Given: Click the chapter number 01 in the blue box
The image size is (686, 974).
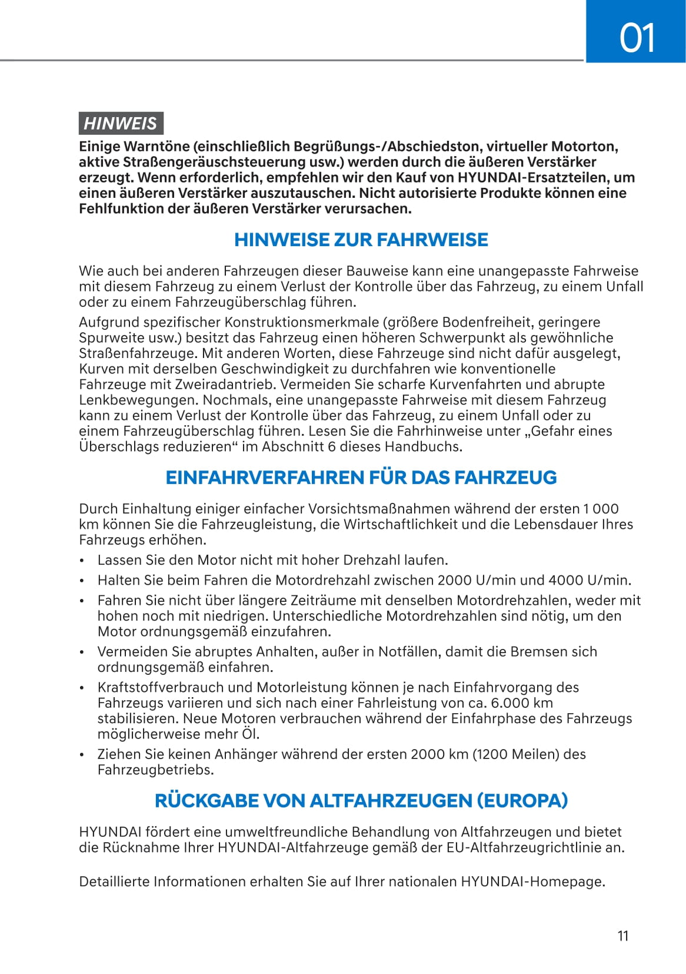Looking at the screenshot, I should click(x=637, y=38).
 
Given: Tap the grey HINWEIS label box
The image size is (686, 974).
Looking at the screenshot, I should click(x=121, y=123).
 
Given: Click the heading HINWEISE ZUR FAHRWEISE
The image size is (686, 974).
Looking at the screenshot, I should click(x=361, y=240).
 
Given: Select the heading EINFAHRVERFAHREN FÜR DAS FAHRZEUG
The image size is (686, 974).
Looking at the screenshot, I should click(x=361, y=477).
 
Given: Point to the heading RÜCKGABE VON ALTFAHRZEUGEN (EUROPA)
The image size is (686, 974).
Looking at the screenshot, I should click(x=361, y=800).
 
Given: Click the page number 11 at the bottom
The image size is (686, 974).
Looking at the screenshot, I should click(x=623, y=936).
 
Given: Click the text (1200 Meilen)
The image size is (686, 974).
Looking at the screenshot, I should click(x=516, y=754).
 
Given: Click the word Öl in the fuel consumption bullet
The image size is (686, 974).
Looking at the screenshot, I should click(x=249, y=734).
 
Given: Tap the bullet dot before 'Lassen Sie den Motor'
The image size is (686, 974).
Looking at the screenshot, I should click(x=83, y=561).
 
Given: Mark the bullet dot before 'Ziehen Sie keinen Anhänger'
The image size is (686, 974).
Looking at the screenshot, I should click(x=83, y=754).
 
